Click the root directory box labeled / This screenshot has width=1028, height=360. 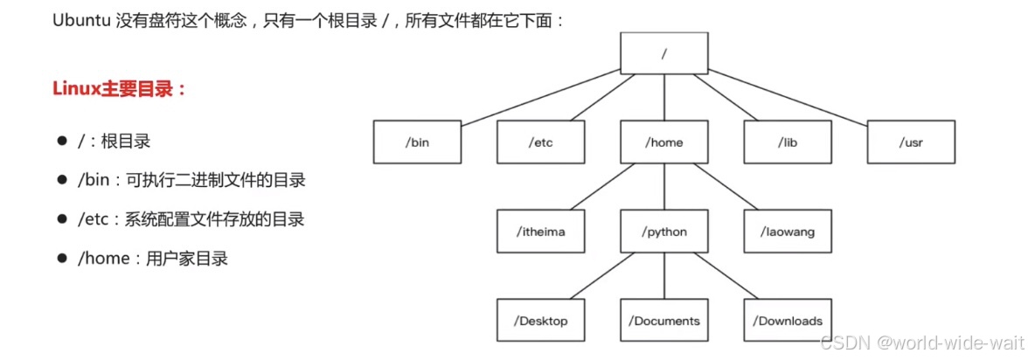(x=664, y=53)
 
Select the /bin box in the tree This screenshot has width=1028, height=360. (x=418, y=142)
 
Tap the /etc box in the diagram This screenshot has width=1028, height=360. (x=541, y=142)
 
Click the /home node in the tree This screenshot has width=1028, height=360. (x=664, y=142)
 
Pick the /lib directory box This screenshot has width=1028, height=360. (x=788, y=142)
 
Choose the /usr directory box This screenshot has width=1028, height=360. (x=911, y=142)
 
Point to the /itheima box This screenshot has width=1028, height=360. (x=541, y=232)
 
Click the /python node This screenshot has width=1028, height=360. (x=664, y=232)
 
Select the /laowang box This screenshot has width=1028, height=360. (x=788, y=232)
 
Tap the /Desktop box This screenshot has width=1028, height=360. (x=541, y=321)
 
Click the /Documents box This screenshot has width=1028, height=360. (x=664, y=321)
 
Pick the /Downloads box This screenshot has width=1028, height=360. (x=788, y=321)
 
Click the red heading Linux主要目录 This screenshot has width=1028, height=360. (x=120, y=89)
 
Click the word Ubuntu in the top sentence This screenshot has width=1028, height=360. (x=80, y=20)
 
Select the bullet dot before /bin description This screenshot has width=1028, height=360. (x=62, y=180)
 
